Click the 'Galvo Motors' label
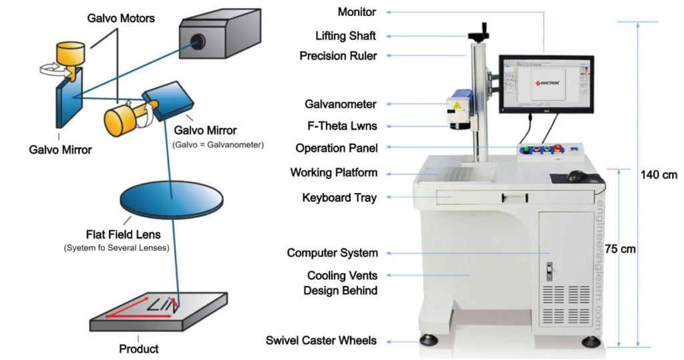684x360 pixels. pos(121,18)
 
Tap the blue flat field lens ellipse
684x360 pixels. pos(171,198)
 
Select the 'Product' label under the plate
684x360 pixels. pos(139,348)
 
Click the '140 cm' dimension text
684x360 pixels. pos(659,175)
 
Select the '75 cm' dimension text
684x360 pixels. pos(621,249)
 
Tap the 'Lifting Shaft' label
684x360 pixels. pos(345,35)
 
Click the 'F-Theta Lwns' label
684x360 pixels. pos(341,126)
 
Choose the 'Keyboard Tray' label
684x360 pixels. pos(339,198)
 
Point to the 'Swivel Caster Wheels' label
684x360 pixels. pos(321,341)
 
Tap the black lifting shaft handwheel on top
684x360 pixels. pos(479,31)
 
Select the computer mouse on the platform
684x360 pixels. pos(575,176)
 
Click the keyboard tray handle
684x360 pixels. pos(515,196)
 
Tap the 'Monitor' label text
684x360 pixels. pos(357,12)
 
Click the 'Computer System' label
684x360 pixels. pos(332,253)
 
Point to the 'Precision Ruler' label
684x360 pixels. pos(338,56)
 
